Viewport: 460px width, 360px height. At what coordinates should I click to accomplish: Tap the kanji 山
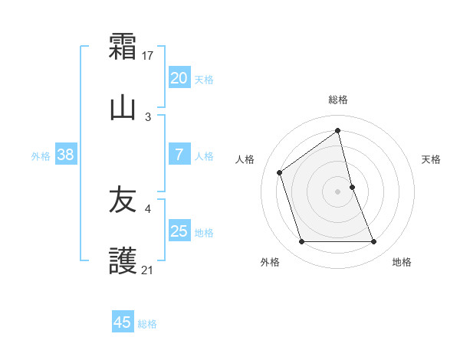123,106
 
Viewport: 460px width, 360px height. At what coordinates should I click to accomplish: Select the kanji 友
123,200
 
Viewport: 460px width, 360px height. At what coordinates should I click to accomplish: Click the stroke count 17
149,56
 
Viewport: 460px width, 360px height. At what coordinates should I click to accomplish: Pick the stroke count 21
148,270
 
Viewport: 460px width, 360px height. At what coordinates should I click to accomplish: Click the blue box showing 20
179,78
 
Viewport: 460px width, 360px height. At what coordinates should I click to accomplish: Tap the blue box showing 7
179,155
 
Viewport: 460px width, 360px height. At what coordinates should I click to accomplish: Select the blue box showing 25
179,231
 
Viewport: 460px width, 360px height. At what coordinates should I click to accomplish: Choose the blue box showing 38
65,155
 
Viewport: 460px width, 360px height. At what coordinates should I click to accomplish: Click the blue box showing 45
123,322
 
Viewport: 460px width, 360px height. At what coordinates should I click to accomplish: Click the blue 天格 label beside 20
204,80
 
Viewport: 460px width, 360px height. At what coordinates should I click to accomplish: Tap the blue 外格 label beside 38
41,156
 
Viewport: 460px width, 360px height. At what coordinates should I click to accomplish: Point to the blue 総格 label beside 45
148,324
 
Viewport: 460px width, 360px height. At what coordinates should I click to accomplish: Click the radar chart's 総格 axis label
338,100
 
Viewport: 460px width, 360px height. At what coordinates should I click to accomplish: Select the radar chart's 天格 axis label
431,159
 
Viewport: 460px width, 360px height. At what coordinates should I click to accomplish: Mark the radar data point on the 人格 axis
280,172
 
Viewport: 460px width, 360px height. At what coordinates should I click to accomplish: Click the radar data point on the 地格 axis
374,242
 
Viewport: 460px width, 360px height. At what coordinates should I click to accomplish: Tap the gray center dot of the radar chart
338,191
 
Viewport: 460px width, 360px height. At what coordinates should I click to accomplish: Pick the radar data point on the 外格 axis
301,242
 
